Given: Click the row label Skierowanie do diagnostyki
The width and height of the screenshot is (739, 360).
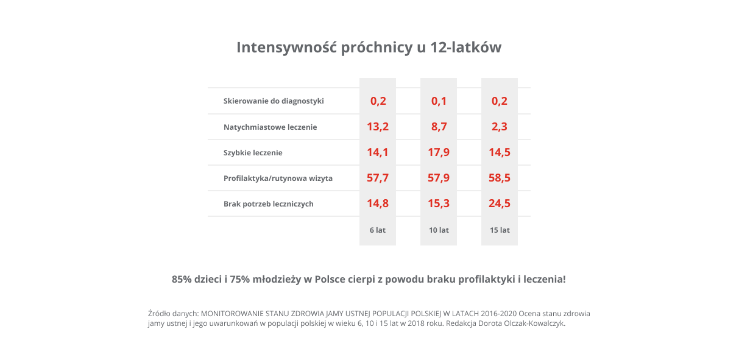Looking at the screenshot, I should (x=274, y=101).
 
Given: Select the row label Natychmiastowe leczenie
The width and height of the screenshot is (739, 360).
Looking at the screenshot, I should (x=270, y=127).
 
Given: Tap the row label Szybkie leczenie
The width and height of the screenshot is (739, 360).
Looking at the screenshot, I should (x=253, y=153).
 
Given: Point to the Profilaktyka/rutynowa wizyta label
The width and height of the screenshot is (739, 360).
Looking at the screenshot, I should (x=278, y=178).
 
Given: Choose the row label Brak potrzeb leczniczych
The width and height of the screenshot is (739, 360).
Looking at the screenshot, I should (x=268, y=204).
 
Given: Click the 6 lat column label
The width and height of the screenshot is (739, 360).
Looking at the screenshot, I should (x=378, y=230).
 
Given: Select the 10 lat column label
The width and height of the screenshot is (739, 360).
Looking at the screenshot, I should (x=439, y=230).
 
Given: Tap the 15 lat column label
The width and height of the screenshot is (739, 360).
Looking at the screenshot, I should (x=500, y=230).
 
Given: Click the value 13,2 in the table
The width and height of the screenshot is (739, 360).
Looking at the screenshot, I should (x=378, y=127).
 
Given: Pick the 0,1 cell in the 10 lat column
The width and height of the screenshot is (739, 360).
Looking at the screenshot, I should (x=439, y=101).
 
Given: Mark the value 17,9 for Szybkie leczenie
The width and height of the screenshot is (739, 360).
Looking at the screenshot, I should (x=439, y=152).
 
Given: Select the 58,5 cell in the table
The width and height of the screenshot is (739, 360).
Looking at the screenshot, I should (x=500, y=178).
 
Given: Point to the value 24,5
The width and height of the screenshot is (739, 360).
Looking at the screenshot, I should (x=500, y=203).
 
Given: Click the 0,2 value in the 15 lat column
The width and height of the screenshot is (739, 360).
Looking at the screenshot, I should (x=500, y=101).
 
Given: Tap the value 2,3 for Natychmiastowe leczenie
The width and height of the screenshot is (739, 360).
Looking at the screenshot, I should (x=500, y=127).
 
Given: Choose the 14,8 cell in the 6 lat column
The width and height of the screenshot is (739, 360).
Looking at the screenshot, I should (x=378, y=203).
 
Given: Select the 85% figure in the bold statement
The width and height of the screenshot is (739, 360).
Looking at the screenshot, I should (x=182, y=280).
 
